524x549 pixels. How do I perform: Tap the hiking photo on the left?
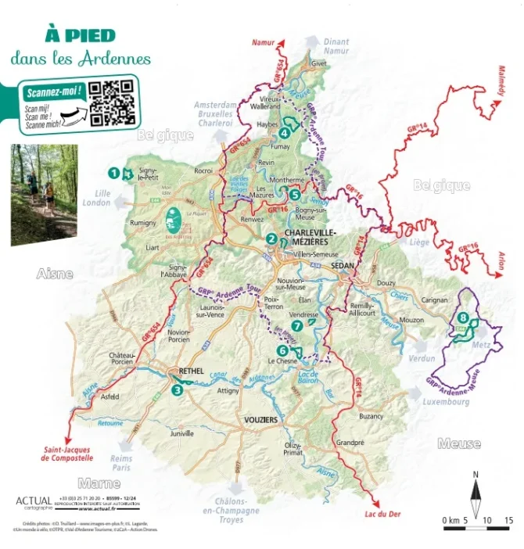pos(44,194)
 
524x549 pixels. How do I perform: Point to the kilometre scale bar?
pos(476,525)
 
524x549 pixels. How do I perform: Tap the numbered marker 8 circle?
pos(464,317)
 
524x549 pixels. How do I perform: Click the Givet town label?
pos(318,64)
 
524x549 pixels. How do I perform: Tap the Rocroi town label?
pos(203,170)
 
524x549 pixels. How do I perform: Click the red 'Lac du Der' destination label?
pos(382,514)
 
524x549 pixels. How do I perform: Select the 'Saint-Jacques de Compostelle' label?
pos(67,454)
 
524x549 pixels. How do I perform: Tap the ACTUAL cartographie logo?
pos(33,502)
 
